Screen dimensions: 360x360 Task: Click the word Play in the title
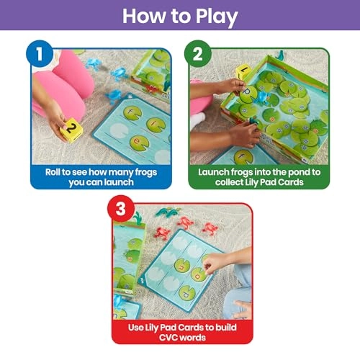[x=214, y=16]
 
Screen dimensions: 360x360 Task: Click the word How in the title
[x=143, y=16]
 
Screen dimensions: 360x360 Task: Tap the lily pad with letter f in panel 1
[x=133, y=112]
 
